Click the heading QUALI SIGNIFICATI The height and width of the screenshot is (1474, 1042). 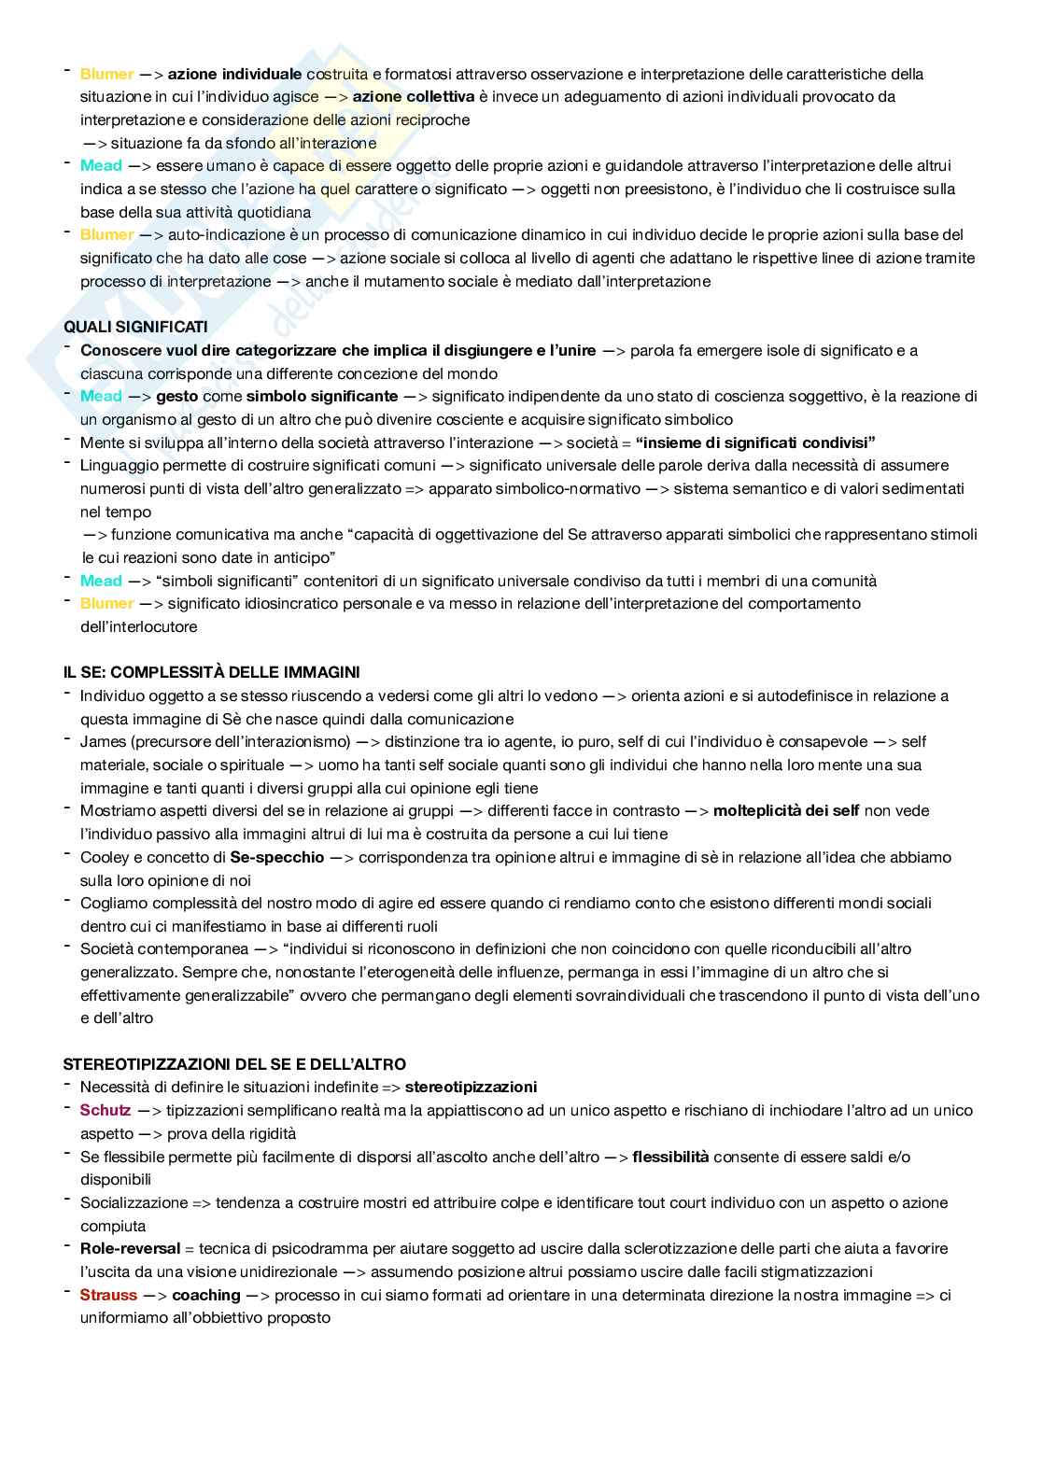135,327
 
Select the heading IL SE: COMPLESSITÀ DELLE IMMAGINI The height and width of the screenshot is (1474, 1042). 211,672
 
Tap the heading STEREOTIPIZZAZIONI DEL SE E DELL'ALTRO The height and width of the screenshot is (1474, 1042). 234,1064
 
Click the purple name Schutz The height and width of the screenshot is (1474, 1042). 106,1110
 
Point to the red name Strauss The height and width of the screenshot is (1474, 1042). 108,1295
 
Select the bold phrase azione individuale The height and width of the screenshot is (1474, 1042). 234,74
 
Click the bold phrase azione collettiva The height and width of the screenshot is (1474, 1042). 414,96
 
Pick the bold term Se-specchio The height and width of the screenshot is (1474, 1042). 277,857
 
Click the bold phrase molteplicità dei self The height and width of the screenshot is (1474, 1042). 786,810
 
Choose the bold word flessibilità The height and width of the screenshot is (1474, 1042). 670,1157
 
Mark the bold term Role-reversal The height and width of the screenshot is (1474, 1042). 130,1248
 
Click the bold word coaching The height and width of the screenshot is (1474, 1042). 206,1295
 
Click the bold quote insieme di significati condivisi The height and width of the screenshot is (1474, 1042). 755,442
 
